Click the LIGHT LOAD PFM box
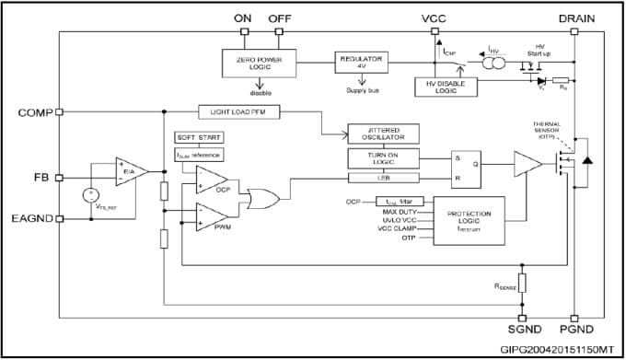point(238,112)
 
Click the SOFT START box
point(199,138)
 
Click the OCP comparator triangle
point(212,180)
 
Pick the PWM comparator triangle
point(212,216)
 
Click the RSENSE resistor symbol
point(522,282)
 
